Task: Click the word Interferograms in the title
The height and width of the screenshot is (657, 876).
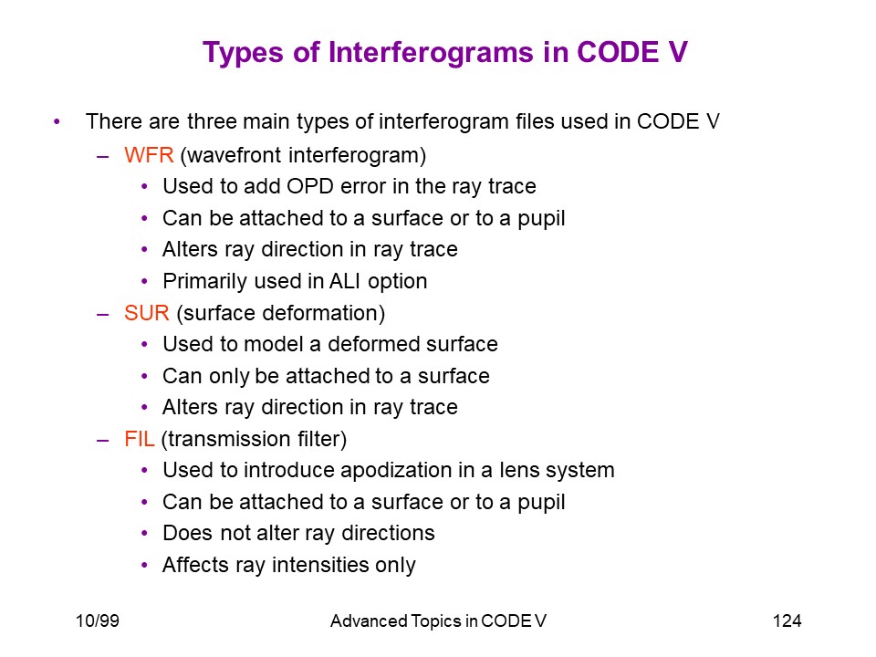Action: click(431, 53)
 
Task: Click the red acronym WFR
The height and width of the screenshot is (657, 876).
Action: click(149, 155)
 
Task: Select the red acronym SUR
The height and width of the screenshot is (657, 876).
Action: click(146, 313)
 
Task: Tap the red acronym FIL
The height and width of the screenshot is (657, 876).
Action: click(139, 439)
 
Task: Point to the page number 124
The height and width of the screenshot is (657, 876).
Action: click(787, 620)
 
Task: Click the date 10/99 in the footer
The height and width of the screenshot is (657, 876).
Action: click(98, 620)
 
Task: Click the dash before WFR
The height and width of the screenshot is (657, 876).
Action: click(102, 156)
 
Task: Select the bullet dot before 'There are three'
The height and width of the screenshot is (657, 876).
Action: click(57, 121)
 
